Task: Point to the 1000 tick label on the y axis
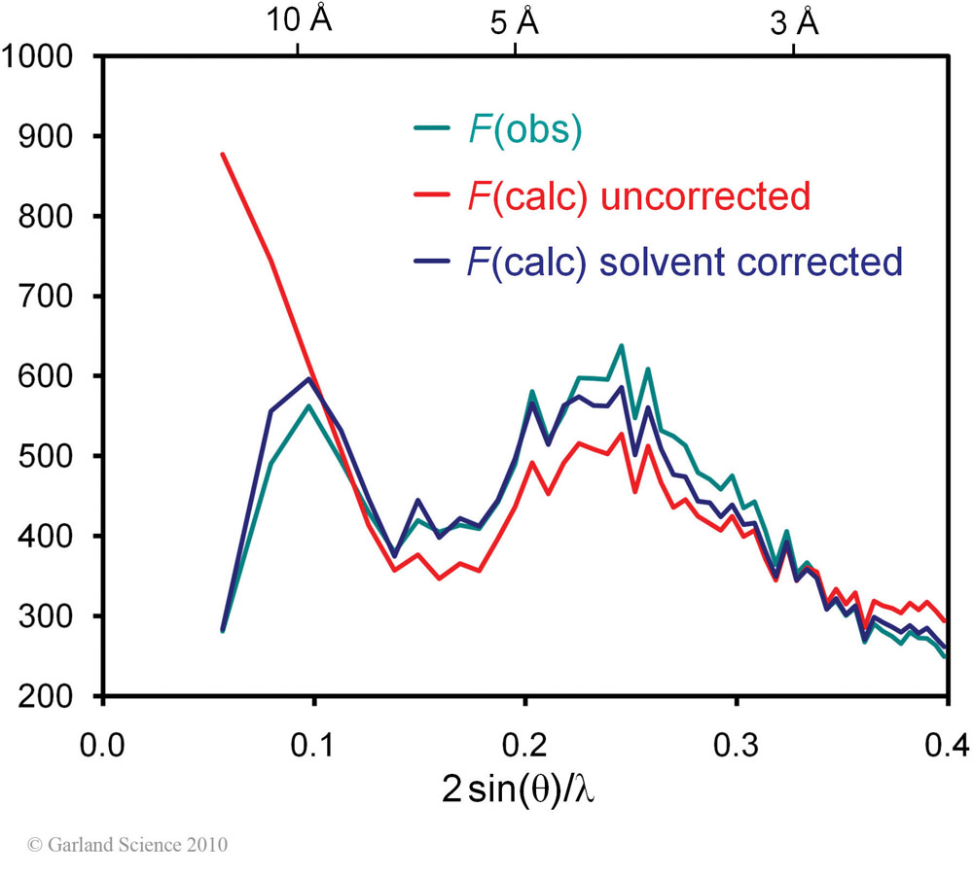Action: click(x=39, y=56)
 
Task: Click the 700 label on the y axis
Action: click(x=51, y=297)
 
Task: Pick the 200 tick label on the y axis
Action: click(x=51, y=696)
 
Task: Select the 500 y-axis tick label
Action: click(x=51, y=456)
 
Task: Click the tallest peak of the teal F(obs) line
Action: click(x=621, y=345)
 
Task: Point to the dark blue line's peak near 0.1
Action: click(x=308, y=378)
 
